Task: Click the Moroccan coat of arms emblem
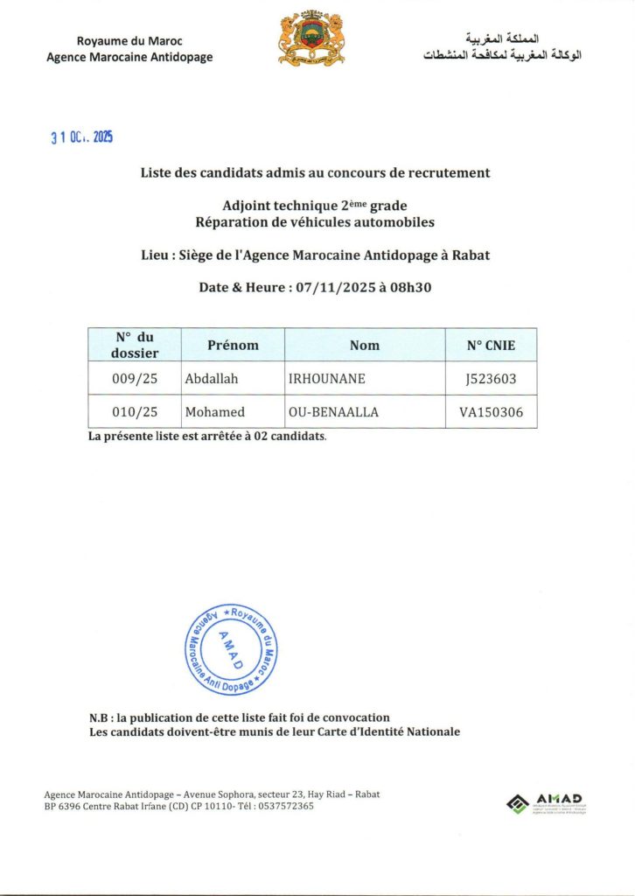pos(311,39)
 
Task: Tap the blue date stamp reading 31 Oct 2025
pos(81,137)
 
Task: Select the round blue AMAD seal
pos(231,649)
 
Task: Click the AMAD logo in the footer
pos(547,803)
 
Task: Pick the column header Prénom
pos(233,345)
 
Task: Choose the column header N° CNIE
pos(491,346)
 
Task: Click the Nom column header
pos(365,346)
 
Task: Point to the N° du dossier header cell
pos(135,345)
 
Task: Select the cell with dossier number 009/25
pos(135,379)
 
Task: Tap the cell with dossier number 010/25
pos(135,412)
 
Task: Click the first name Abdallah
pos(212,379)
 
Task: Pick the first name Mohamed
pos(215,412)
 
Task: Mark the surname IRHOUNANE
pos(327,379)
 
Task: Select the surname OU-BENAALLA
pos(333,412)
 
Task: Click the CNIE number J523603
pos(491,379)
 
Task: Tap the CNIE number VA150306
pos(491,412)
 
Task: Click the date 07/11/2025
pos(332,287)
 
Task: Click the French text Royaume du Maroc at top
pos(129,41)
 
